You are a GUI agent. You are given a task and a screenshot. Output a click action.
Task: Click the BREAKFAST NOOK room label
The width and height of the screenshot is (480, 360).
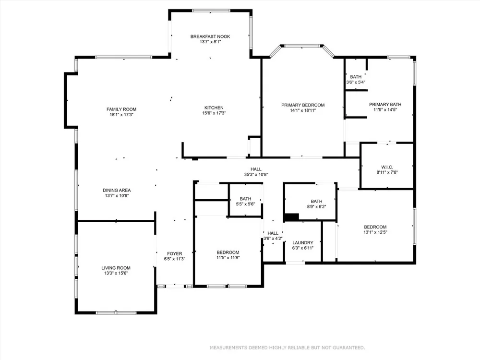[x=210, y=36]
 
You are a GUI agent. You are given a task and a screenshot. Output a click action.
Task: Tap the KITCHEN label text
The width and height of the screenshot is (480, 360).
[x=214, y=108]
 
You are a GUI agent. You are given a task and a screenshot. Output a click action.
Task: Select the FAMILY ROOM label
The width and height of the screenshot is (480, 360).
[x=121, y=109]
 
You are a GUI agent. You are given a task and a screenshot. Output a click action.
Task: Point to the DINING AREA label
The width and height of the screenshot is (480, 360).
[x=117, y=190]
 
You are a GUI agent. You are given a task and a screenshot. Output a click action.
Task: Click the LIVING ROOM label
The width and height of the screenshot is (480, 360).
[x=116, y=268]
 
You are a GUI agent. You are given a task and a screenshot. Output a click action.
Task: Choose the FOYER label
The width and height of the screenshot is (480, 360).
[x=175, y=253]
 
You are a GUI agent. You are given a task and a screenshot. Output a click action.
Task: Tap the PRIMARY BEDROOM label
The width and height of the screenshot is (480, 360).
[x=303, y=105]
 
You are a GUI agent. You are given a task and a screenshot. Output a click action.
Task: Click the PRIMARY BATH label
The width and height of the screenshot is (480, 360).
[x=385, y=104]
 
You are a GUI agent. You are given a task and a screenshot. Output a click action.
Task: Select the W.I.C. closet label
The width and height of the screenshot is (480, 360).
[x=387, y=167]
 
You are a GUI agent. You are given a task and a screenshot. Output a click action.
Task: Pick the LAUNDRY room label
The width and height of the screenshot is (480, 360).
[x=303, y=243]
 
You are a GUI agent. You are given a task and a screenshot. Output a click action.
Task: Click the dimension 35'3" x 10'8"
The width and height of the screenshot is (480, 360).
[x=256, y=175]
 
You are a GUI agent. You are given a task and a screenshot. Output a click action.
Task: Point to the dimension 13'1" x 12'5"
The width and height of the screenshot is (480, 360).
[x=375, y=232]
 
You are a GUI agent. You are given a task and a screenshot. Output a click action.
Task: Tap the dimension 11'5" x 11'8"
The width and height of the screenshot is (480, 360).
[x=228, y=258]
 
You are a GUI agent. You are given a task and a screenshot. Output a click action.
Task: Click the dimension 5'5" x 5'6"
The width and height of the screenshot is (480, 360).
[x=245, y=204]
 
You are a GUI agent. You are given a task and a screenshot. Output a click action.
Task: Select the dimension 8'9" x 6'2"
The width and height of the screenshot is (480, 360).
[x=316, y=206]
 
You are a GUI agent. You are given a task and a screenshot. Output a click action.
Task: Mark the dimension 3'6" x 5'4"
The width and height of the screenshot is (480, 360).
[x=356, y=82]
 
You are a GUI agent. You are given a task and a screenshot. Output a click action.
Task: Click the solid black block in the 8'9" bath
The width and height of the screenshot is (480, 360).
[x=291, y=217]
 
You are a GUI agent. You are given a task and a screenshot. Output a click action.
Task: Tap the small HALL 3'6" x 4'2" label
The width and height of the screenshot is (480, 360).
[x=273, y=236]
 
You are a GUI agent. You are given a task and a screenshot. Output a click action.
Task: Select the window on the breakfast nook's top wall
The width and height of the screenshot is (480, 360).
[x=211, y=11]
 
